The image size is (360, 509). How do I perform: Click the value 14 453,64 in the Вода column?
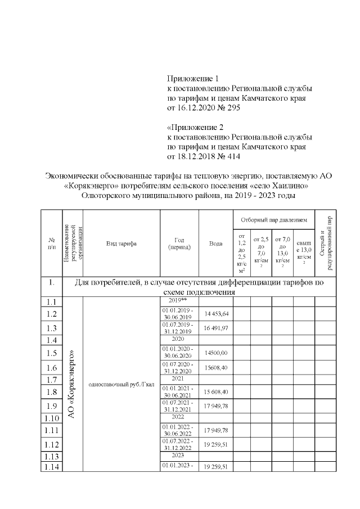pos(216,313)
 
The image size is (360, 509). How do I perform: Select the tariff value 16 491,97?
pos(216,328)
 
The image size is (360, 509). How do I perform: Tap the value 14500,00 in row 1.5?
pos(216,353)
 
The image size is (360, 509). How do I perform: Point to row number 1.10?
pos(52,418)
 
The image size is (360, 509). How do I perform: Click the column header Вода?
pos(216,244)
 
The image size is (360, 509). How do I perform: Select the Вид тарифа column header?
pos(121,244)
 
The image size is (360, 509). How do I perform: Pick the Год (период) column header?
pos(179,244)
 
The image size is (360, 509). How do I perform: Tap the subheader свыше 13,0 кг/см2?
pos(303,247)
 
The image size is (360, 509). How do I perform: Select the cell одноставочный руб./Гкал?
pos(121,385)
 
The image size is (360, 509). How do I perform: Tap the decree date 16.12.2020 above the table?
pos(194,107)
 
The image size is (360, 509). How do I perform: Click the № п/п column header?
pos(52,244)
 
